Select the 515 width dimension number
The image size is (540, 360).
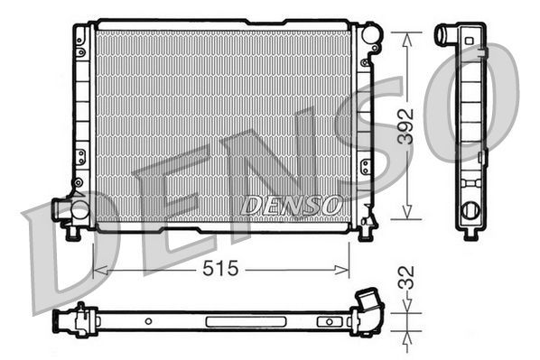point(220,269)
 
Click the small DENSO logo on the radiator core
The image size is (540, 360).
point(292,205)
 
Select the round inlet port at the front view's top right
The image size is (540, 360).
point(372,37)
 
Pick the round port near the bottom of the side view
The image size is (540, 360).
point(470,211)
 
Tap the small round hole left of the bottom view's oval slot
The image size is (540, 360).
point(146,320)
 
